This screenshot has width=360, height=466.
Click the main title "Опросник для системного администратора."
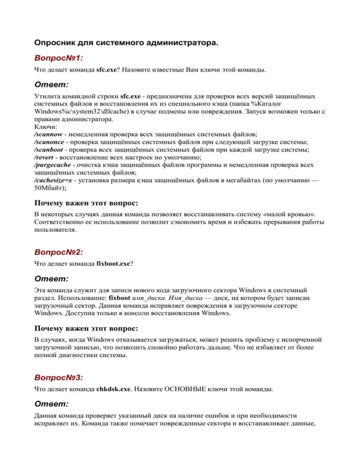(126, 43)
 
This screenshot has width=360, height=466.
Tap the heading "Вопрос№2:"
(59, 252)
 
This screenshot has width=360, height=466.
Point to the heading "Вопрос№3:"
(59, 377)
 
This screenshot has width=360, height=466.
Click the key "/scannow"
(48, 134)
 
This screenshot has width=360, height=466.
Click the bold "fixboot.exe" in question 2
(113, 264)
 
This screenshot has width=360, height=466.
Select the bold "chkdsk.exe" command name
(113, 389)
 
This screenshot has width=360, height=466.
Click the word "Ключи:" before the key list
(45, 127)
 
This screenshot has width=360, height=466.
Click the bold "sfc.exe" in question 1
(106, 70)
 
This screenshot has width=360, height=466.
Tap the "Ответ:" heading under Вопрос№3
(52, 403)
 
